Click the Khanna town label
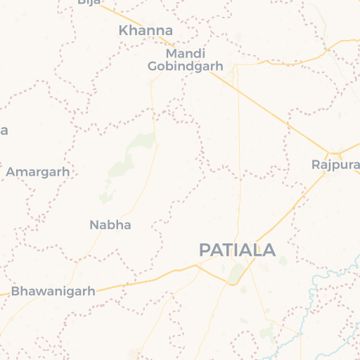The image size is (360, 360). [x=146, y=30]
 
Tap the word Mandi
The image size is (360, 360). [x=186, y=53]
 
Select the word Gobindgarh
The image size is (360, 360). [x=186, y=66]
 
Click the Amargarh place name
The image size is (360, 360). [x=38, y=172]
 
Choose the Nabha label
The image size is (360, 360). [x=110, y=225]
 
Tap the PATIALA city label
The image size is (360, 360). [x=237, y=250]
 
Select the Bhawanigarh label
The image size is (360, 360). [x=53, y=290]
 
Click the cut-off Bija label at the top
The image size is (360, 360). [x=89, y=2]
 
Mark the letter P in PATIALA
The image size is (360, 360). [x=205, y=250]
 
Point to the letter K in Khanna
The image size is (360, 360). [x=124, y=30]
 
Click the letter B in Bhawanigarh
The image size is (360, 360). [x=16, y=290]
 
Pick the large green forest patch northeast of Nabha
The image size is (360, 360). [x=142, y=142]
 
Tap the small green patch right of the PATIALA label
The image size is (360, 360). [x=283, y=261]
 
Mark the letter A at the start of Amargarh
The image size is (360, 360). [x=11, y=172]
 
